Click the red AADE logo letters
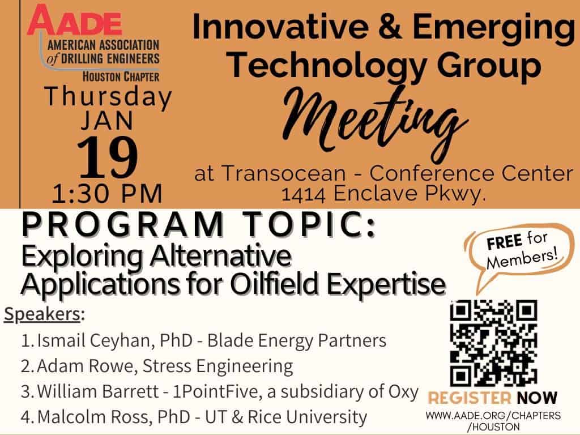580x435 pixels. (x=74, y=20)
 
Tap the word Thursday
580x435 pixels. (x=108, y=97)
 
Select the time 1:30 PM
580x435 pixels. (x=107, y=194)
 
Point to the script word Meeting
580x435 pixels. (x=374, y=122)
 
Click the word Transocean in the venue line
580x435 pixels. (x=284, y=173)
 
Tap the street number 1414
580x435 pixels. (x=304, y=194)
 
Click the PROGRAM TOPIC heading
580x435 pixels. (x=199, y=224)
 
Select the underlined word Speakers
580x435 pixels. (x=42, y=315)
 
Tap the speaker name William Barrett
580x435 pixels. (x=98, y=391)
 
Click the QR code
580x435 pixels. (x=493, y=343)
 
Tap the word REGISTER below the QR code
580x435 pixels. (x=470, y=398)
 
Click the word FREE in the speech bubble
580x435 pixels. (x=504, y=242)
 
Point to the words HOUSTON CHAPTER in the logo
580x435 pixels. (x=121, y=77)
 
